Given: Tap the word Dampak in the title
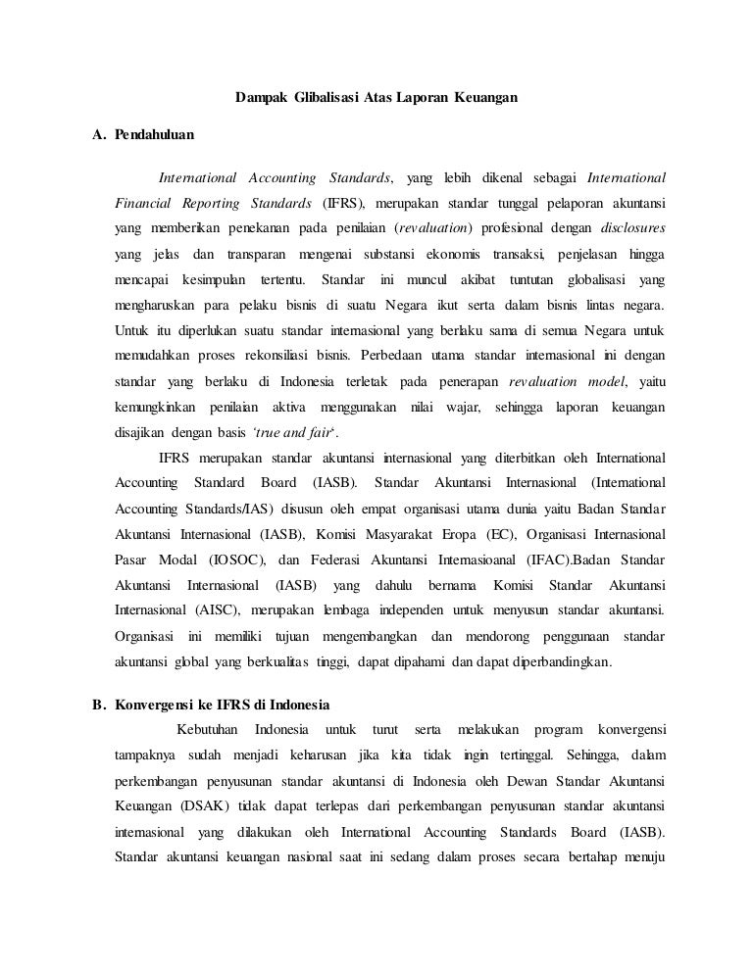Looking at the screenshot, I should [256, 98].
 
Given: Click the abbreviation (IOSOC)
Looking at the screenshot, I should [230, 560].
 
